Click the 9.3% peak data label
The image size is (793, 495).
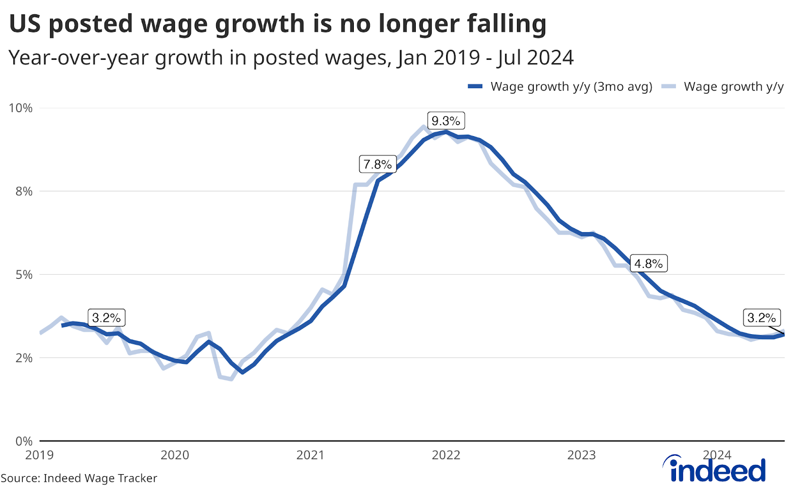[x=446, y=121]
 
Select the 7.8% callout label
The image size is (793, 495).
[x=377, y=164]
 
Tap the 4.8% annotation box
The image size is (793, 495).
[x=648, y=264]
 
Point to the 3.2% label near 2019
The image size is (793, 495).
[x=107, y=318]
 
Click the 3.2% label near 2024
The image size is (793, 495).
[x=762, y=318]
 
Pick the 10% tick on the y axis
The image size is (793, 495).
[x=21, y=108]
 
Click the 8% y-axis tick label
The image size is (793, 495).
[x=24, y=192]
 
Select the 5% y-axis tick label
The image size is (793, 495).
[x=24, y=275]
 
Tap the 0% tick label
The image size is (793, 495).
[x=24, y=441]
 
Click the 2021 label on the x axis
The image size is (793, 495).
[x=310, y=455]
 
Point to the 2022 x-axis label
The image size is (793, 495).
[x=446, y=455]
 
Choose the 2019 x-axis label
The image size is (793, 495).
[x=40, y=455]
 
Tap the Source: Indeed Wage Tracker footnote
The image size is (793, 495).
[x=79, y=478]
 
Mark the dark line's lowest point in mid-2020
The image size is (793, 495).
[x=242, y=372]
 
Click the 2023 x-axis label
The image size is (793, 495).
[x=581, y=455]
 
